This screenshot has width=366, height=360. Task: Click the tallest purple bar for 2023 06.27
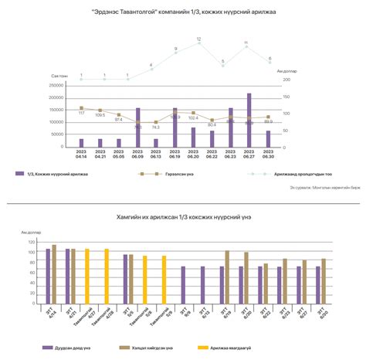(x=249, y=121)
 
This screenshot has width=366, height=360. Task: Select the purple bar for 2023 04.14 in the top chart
(x=81, y=143)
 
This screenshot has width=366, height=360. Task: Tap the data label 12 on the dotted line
(x=198, y=39)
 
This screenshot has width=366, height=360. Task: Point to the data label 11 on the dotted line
(x=246, y=43)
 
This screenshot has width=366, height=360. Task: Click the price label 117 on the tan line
(x=81, y=114)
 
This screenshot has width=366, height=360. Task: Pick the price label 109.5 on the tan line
(x=100, y=115)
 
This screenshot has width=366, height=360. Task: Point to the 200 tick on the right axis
(x=286, y=79)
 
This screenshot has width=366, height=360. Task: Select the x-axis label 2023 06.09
(x=137, y=155)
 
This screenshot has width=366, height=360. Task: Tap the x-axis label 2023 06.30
(x=268, y=155)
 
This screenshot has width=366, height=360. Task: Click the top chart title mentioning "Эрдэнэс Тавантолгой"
(x=182, y=13)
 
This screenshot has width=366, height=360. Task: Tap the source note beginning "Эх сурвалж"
(x=317, y=188)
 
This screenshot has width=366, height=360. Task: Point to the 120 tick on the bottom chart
(x=32, y=242)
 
